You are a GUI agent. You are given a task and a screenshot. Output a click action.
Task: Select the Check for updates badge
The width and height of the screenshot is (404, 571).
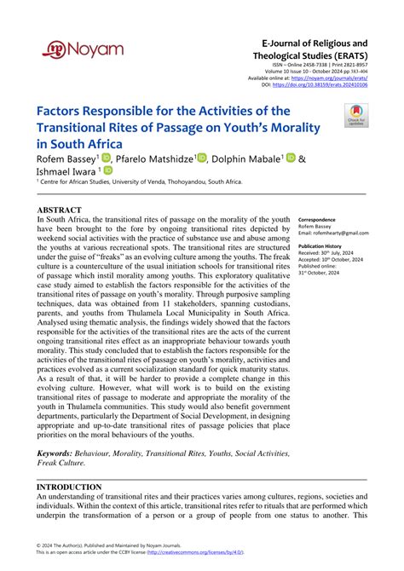coord(355,115)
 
